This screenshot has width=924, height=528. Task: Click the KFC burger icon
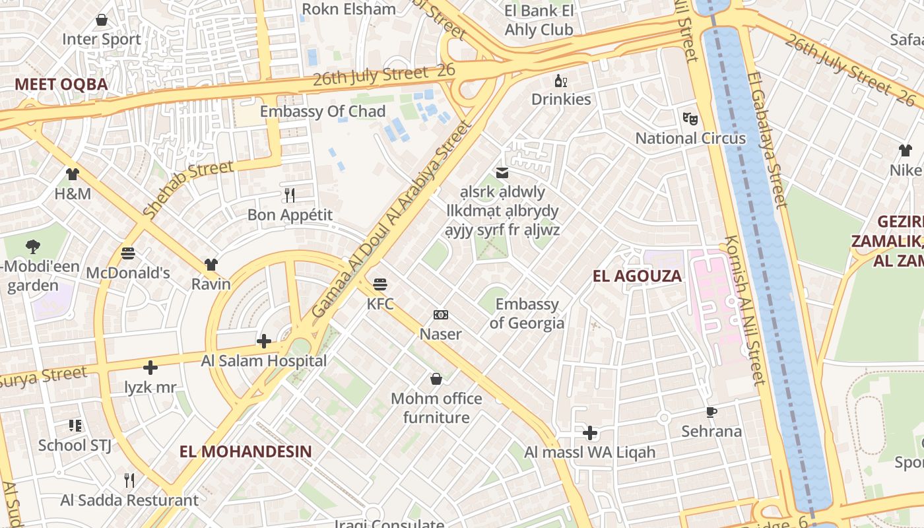(x=380, y=284)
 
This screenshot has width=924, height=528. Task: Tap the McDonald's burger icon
(x=128, y=253)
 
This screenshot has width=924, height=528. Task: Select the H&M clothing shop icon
(x=73, y=174)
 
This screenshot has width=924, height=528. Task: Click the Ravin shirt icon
(x=211, y=265)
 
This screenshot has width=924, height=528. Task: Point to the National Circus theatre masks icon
(x=690, y=119)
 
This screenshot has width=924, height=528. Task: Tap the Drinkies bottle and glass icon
(x=561, y=81)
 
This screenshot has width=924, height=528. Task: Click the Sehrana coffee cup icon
(x=711, y=412)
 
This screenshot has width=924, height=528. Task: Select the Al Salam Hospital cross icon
(x=264, y=341)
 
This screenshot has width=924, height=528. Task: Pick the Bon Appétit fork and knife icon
(x=290, y=195)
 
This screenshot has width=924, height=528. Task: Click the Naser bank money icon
(x=441, y=315)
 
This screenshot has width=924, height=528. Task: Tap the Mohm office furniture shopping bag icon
(x=436, y=379)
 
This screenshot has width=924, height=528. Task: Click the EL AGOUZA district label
(x=637, y=276)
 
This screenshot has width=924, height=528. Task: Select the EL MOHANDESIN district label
(x=246, y=451)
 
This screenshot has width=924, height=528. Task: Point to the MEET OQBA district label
(x=61, y=84)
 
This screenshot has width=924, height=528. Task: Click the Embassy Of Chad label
(x=323, y=111)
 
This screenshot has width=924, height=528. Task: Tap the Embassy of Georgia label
(x=527, y=313)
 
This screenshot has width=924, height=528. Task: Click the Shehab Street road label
(x=188, y=189)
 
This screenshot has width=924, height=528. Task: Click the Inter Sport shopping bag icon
(x=102, y=20)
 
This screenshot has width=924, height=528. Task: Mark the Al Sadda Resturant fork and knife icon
(x=129, y=480)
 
